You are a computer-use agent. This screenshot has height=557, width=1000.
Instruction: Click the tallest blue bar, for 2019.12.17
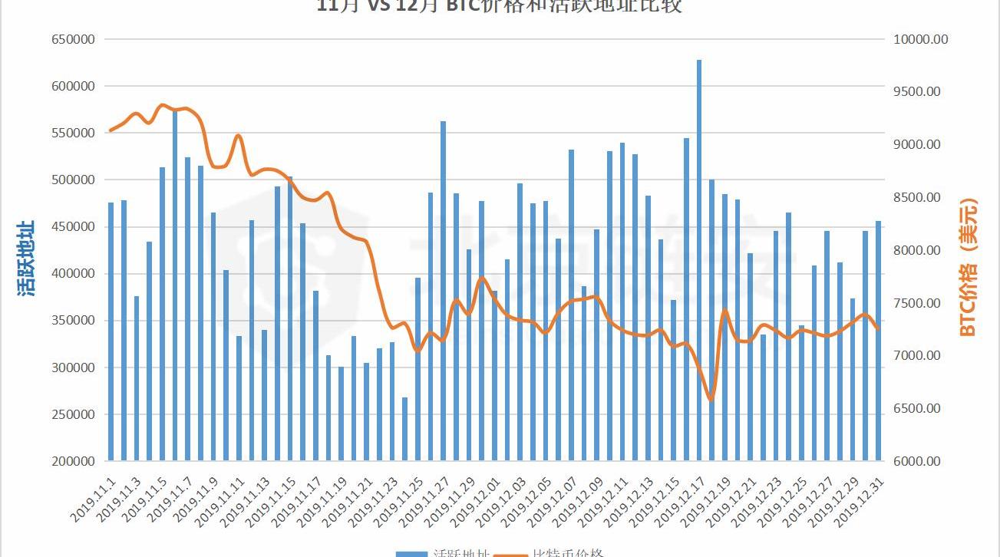tap(699, 261)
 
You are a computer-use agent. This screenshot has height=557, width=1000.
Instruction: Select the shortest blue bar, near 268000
tap(404, 429)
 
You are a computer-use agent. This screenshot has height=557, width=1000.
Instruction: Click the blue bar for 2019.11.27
tap(443, 291)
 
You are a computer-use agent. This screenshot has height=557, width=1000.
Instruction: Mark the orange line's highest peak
tap(162, 105)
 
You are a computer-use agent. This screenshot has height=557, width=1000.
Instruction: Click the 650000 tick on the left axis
tap(72, 39)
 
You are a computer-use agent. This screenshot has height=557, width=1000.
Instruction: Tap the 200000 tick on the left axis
tap(72, 461)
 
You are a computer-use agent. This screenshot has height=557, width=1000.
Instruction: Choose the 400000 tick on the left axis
tap(72, 274)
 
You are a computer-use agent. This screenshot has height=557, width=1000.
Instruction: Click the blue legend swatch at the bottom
tap(411, 553)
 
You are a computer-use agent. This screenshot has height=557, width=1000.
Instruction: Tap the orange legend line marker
tap(510, 553)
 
